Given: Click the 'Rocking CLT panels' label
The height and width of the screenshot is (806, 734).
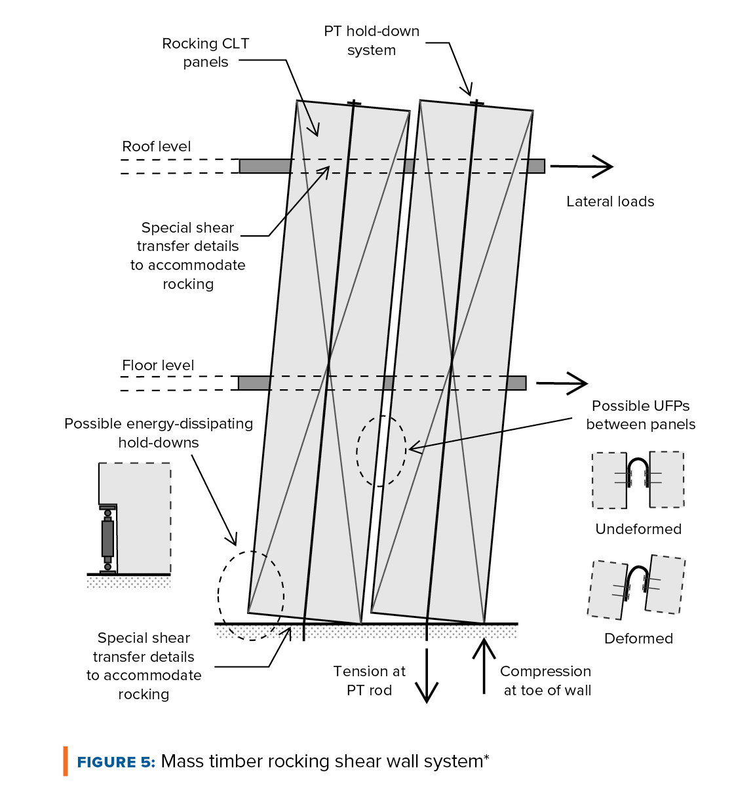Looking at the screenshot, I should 205,52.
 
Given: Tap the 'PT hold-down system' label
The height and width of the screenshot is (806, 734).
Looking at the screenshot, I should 372,41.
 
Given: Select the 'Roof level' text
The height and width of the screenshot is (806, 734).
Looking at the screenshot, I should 157,147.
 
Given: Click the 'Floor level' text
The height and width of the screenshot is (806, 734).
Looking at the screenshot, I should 158,366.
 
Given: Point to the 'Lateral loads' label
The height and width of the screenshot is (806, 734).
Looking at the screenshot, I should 610,202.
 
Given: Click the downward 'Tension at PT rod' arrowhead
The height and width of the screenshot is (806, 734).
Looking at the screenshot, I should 427,692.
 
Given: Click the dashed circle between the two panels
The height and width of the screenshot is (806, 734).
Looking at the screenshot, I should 381,451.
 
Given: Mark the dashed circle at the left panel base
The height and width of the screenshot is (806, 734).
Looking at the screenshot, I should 251,595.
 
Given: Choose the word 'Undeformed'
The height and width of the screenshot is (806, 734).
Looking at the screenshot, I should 638,529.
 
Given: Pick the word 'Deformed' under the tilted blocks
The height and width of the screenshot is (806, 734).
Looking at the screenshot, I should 638,639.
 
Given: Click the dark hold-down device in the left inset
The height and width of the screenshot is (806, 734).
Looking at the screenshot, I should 107,539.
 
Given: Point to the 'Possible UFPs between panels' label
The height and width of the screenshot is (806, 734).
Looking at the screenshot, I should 640,415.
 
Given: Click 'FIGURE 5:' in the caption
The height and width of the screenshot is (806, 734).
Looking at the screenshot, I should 116,762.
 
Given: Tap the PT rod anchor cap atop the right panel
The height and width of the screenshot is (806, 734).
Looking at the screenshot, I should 477,103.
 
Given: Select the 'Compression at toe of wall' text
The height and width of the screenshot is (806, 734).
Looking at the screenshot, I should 546,681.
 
